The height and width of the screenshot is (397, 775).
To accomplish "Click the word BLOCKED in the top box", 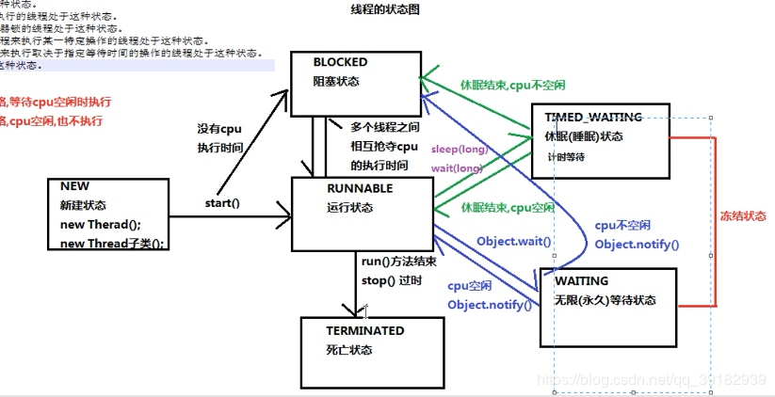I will coord(341,63).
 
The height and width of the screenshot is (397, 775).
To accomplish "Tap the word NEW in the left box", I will coord(74,186).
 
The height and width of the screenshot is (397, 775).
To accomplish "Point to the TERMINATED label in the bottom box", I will coord(365,331).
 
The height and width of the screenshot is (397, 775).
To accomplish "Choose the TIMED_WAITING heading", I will coord(593,118).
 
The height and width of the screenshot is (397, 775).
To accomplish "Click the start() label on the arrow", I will coord(222,203).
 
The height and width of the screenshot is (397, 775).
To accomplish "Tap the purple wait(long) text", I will coord(456,168).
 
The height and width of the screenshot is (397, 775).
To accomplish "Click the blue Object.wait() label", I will coord(513,242).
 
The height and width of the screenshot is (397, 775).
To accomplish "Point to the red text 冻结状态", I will coord(743,216).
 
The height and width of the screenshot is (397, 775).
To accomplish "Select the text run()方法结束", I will coord(398,262).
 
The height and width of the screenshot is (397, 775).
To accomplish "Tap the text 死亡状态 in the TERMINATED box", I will coord(349,350).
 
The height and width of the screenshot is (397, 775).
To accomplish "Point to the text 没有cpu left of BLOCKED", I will coord(219,129).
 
